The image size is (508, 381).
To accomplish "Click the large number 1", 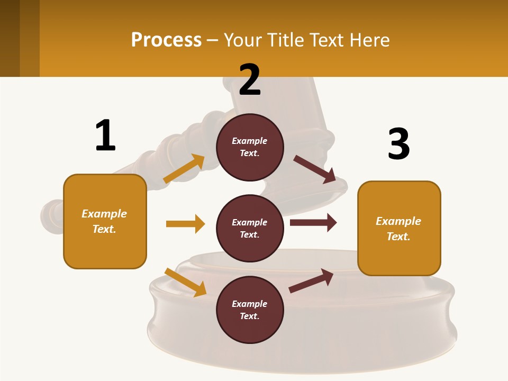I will tap(105, 136).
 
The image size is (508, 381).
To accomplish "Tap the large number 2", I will tap(250, 80).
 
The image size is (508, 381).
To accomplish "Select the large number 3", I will tap(398, 144).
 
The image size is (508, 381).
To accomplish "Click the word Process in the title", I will tap(166, 40).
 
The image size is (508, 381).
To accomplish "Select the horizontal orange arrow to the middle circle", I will tap(185, 224).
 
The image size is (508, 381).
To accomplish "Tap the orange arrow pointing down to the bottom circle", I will tap(185, 282).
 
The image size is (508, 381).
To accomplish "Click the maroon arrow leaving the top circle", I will tap(315, 169).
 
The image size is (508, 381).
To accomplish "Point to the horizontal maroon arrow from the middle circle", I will tap(313, 223).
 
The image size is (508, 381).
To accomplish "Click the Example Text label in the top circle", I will tap(250, 147).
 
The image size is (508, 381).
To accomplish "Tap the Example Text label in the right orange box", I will tap(398, 229).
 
